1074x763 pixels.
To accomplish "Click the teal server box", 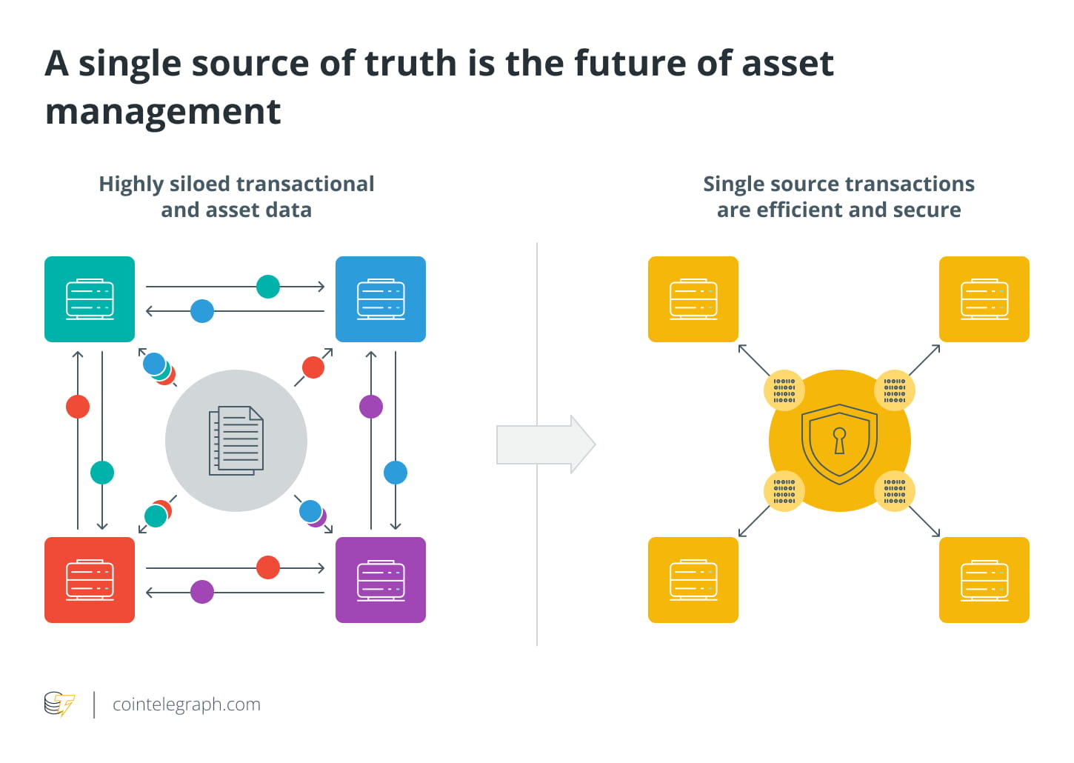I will click(90, 299).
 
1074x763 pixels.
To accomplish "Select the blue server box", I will click(381, 299).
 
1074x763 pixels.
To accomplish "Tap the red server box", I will click(90, 580).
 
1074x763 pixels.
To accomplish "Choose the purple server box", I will click(381, 580).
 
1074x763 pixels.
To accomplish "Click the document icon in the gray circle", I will click(236, 441).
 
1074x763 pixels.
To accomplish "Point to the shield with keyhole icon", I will click(839, 443).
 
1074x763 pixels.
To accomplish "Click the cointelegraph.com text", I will click(187, 704).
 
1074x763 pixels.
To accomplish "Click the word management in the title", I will click(163, 113).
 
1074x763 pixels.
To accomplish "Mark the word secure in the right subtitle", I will click(927, 210).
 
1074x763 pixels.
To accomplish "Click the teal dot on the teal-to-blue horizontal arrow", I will click(268, 287).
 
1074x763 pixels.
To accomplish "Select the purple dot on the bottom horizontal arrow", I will click(202, 592).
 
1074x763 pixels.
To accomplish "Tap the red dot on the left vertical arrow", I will click(78, 407).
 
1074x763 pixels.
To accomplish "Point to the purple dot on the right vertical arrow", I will click(371, 407).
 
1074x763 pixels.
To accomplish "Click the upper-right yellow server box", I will click(984, 299).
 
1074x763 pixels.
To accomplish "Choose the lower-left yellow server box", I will click(693, 580).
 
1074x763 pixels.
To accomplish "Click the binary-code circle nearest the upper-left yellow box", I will click(784, 390).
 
